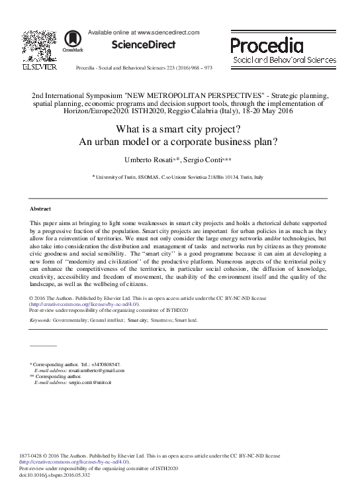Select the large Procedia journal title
(267, 45)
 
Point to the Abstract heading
(42, 209)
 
